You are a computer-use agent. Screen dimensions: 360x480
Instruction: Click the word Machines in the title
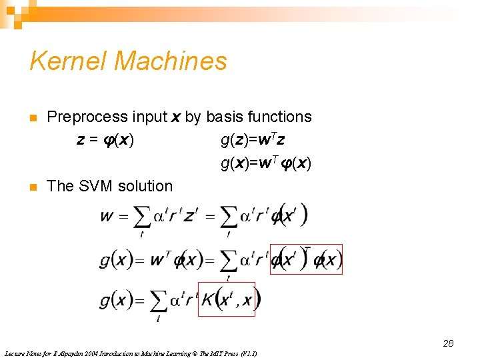coord(171,61)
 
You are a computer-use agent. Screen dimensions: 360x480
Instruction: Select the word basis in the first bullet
coord(225,117)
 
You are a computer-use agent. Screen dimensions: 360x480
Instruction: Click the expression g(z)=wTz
coord(253,140)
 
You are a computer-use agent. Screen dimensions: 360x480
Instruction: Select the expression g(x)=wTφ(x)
coord(266,163)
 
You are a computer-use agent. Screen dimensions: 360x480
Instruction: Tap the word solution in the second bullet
coord(145,186)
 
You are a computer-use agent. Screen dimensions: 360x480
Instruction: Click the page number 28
coord(448,343)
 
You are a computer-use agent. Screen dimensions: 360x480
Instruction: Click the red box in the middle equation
coord(306,259)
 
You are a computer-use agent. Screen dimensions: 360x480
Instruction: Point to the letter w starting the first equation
coord(107,216)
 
